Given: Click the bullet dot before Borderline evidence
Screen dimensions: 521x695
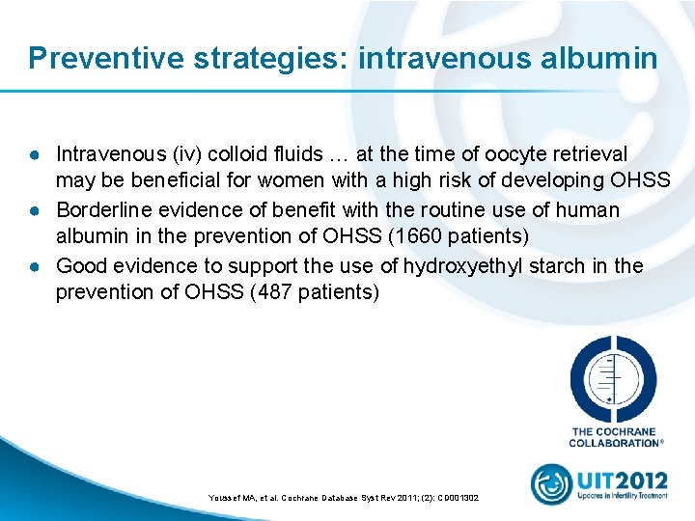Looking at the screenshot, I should point(33,210).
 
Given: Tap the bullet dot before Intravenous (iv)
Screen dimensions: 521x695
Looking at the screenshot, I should point(33,155).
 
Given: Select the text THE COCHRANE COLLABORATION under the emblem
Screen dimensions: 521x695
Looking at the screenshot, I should point(615,437).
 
